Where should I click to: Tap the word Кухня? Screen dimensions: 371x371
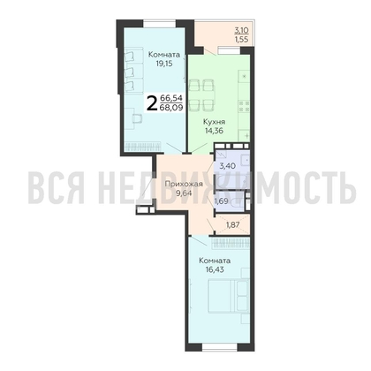(x=214, y=124)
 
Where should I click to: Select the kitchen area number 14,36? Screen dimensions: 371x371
(x=214, y=135)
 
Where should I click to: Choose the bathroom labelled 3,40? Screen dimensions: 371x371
(x=227, y=164)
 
